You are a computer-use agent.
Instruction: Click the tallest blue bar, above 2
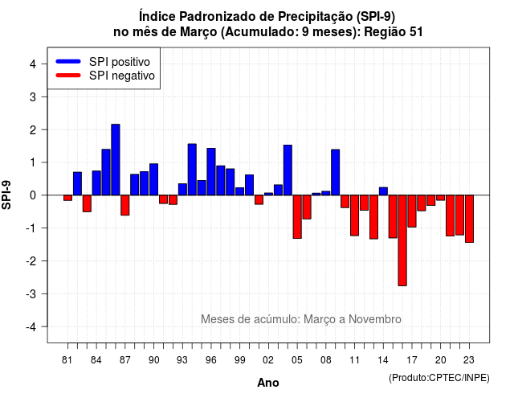116,160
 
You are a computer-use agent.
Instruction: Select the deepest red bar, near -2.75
402,240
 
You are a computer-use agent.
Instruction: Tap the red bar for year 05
297,216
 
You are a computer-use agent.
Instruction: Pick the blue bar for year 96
211,171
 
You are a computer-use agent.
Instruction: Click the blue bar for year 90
153,179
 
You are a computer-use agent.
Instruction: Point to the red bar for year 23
469,219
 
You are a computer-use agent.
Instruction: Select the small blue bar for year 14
383,191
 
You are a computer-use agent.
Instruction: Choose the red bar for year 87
125,205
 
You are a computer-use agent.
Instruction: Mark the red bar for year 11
354,215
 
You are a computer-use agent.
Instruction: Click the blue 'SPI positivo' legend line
68,61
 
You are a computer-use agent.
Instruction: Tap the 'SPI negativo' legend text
122,76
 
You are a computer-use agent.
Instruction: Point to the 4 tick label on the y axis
33,64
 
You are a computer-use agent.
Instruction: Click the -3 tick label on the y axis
31,293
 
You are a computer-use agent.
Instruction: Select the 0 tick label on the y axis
33,195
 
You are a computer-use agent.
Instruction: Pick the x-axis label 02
268,360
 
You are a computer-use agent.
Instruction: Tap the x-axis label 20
441,360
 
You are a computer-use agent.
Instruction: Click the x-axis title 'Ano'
268,383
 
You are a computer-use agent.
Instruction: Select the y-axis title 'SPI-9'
6,195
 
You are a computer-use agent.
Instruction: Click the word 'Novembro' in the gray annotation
375,319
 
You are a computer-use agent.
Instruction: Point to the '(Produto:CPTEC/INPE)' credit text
439,378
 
